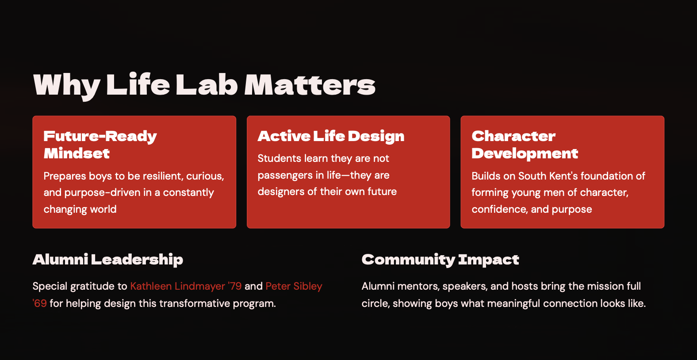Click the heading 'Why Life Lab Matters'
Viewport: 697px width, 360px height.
tap(204, 85)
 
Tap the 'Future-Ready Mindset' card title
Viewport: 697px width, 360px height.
tap(100, 145)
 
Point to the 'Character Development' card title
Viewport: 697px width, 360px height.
tap(525, 145)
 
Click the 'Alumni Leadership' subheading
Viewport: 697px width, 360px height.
tap(107, 260)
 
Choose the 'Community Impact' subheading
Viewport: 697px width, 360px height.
tap(440, 260)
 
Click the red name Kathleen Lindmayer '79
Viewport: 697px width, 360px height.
tap(186, 286)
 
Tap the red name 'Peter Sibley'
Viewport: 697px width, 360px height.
tap(294, 286)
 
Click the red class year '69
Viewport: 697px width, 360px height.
tap(39, 303)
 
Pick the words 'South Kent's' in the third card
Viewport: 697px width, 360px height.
tap(548, 176)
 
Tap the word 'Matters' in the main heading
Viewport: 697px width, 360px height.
tap(310, 85)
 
